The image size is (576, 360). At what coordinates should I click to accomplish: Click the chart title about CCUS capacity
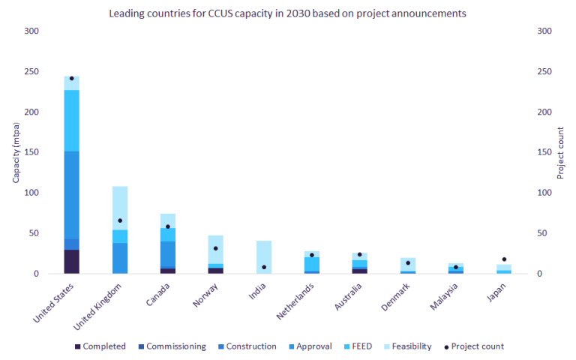[x=287, y=13]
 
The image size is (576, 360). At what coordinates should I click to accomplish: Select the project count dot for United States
[x=71, y=78]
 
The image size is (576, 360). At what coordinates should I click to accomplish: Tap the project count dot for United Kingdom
[x=120, y=220]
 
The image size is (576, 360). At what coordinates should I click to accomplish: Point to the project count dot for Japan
[x=503, y=259]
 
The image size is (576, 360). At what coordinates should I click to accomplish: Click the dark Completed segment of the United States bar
[x=71, y=262]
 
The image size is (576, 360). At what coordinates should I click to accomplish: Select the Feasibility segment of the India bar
[x=264, y=257]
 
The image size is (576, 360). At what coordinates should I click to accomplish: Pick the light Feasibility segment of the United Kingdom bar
[x=120, y=208]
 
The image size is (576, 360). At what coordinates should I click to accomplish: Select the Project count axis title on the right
[x=560, y=152]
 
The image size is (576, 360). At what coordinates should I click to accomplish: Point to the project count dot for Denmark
[x=407, y=262]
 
